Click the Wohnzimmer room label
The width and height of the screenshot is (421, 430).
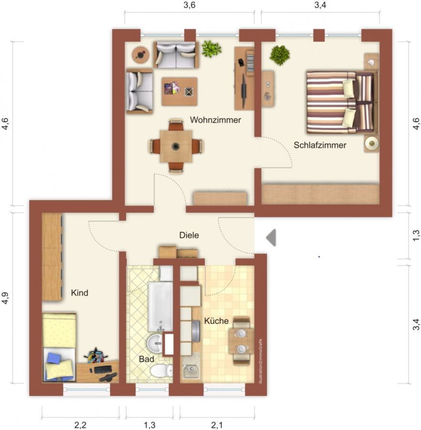215,120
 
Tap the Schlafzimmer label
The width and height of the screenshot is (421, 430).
320,145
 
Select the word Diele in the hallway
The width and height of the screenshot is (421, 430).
189,235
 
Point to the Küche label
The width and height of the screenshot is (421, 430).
216,321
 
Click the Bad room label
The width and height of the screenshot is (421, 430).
146,359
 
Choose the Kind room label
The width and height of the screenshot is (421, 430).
79,293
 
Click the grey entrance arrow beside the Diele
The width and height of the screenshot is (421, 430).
271,237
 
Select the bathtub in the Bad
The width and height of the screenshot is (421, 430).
160,307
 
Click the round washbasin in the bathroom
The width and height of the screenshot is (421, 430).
156,343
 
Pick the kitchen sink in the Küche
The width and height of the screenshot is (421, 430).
191,367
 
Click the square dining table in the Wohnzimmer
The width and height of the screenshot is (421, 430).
176,146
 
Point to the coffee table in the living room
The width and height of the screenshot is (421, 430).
179,91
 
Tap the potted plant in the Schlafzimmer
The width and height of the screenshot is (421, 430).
280,55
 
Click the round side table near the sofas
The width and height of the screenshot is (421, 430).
140,55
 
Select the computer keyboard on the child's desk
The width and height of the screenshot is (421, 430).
103,369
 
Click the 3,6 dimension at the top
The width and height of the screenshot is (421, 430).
189,5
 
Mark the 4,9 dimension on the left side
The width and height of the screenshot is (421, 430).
5,298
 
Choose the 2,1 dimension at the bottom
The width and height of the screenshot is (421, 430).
217,425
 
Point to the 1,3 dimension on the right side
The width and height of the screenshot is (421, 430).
416,236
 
